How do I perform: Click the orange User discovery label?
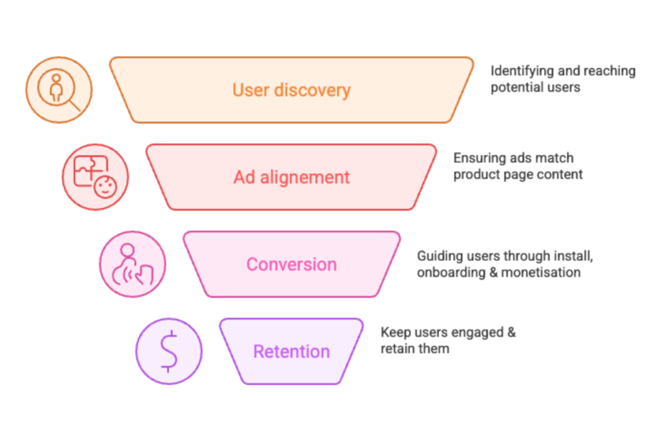pos(291,90)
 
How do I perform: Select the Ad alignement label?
pos(291,177)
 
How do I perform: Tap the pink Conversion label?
pos(291,264)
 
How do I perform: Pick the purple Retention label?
pos(291,351)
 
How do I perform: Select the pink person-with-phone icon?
pos(132,264)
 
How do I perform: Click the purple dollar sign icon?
pos(168,351)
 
